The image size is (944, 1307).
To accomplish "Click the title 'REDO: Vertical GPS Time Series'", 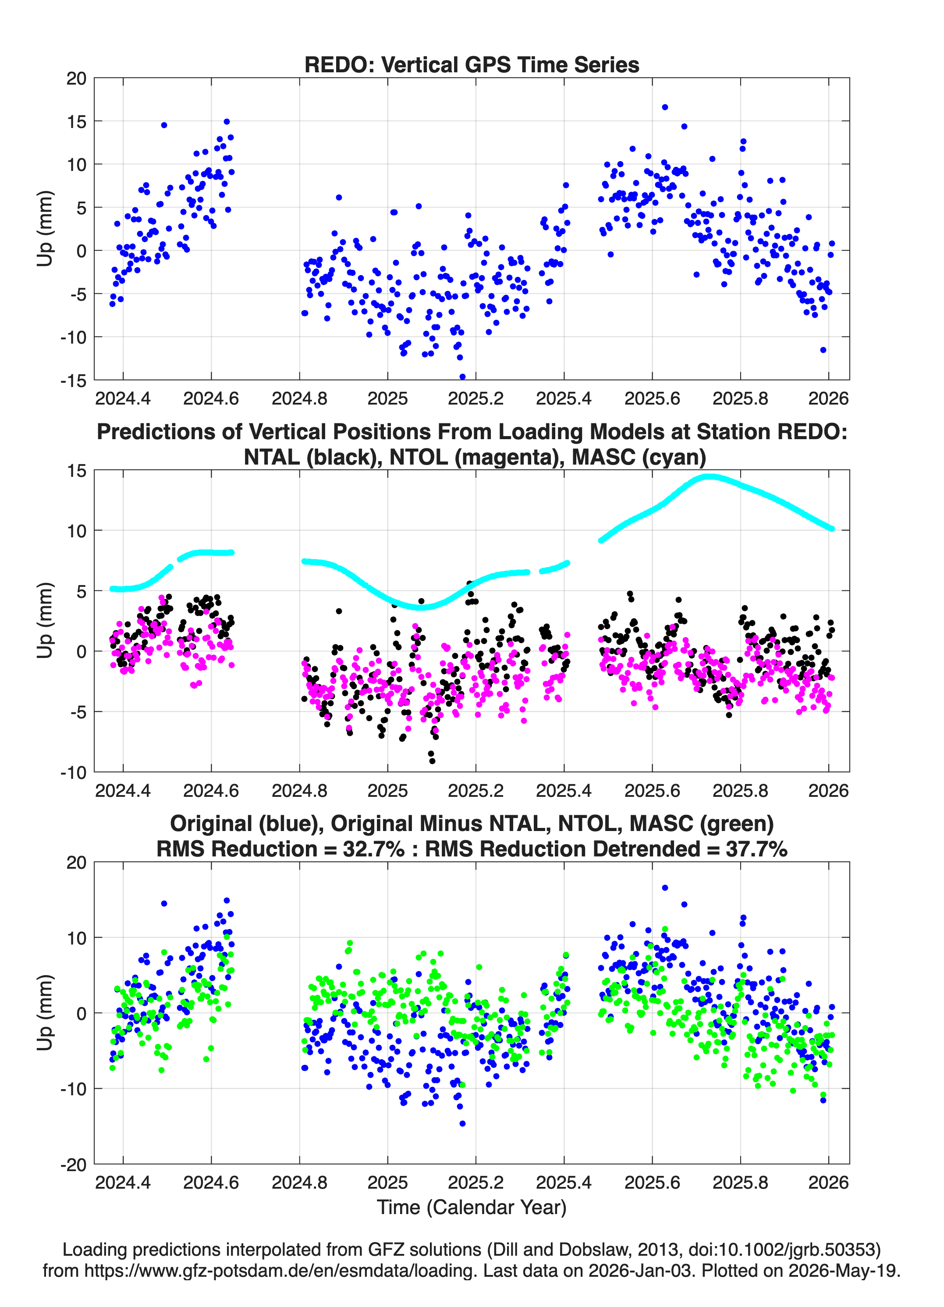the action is point(472,64).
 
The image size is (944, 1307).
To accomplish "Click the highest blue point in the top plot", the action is point(664,107).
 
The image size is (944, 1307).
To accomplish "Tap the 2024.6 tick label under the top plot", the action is point(211,398).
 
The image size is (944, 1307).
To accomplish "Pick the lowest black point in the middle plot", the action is point(432,761).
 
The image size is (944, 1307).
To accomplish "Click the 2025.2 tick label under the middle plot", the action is point(476,790).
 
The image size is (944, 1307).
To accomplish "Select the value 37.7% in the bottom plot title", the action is point(757,849).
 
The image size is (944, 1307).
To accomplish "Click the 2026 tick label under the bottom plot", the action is point(828,1183).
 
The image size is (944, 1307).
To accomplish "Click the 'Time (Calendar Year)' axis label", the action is point(472,1208).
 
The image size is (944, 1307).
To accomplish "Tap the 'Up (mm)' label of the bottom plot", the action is point(45,1012).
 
